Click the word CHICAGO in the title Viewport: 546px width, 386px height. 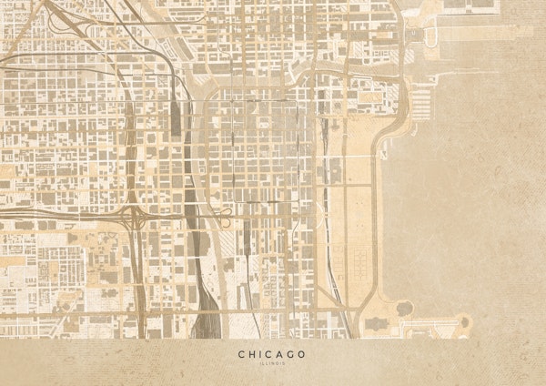[x=272, y=353]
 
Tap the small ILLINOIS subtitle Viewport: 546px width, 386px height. [x=272, y=364]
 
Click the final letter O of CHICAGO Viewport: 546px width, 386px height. [x=301, y=353]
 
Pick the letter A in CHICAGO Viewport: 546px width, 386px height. [x=278, y=353]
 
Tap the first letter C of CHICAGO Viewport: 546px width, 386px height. [x=242, y=353]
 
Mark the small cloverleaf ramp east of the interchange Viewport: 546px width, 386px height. [x=225, y=215]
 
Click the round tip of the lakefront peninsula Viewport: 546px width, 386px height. [x=465, y=321]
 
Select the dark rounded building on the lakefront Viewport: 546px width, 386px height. [x=404, y=309]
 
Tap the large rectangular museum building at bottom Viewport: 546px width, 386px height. [x=375, y=323]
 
